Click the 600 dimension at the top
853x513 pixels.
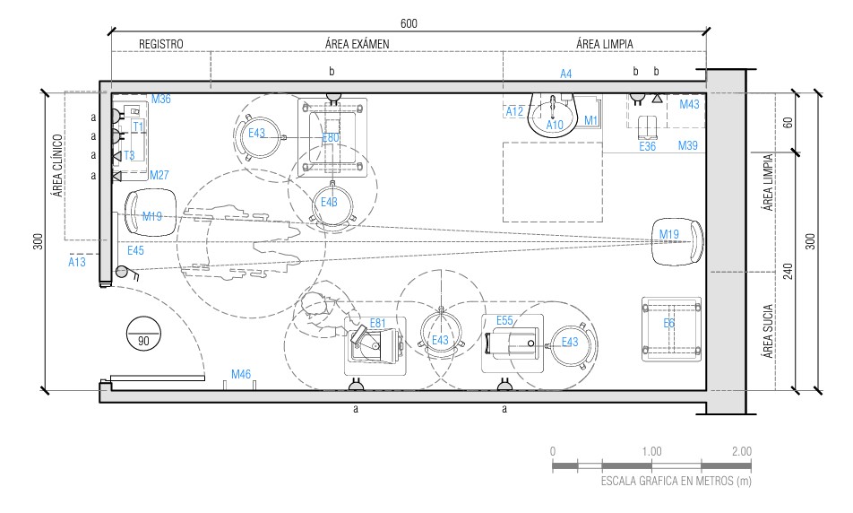coord(409,23)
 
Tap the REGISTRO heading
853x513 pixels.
coord(161,44)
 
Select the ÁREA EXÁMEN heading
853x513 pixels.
coord(357,44)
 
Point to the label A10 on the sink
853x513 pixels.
coord(555,125)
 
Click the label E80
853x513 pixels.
coord(331,137)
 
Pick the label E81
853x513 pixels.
coord(377,323)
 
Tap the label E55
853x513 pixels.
coord(504,320)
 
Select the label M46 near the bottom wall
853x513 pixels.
coord(241,372)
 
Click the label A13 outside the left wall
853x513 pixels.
coord(78,262)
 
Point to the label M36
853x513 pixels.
coord(160,99)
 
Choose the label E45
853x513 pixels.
coord(136,250)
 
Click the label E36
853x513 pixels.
coord(648,146)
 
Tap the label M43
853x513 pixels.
coord(689,105)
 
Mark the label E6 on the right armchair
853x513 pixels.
coord(668,323)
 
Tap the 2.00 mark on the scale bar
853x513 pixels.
coord(741,451)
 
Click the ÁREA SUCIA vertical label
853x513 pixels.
coord(768,331)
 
